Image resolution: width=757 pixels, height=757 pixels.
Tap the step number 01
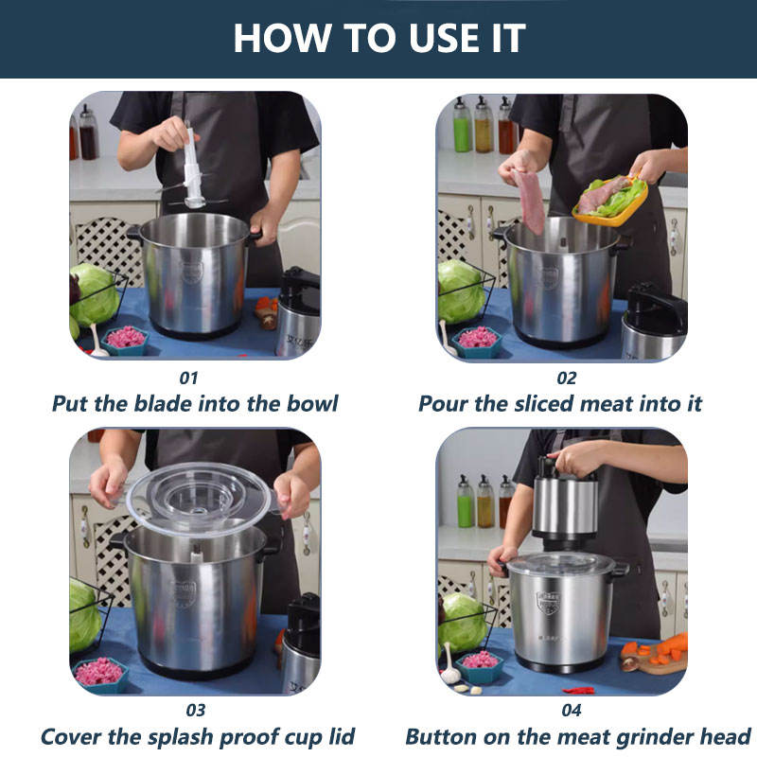188,378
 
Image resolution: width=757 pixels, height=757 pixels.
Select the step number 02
566,378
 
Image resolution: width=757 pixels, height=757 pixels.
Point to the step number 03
196,711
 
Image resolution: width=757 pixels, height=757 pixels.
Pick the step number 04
572,711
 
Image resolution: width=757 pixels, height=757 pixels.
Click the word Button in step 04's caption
442,737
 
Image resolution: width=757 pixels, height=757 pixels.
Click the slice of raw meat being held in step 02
530,201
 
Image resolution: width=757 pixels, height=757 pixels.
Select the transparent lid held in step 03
199,498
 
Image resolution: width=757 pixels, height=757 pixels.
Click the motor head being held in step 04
564,503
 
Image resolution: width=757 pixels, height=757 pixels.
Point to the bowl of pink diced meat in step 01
126,340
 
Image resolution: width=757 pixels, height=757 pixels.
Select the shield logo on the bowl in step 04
549,603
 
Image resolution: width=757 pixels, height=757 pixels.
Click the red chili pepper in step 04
578,691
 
